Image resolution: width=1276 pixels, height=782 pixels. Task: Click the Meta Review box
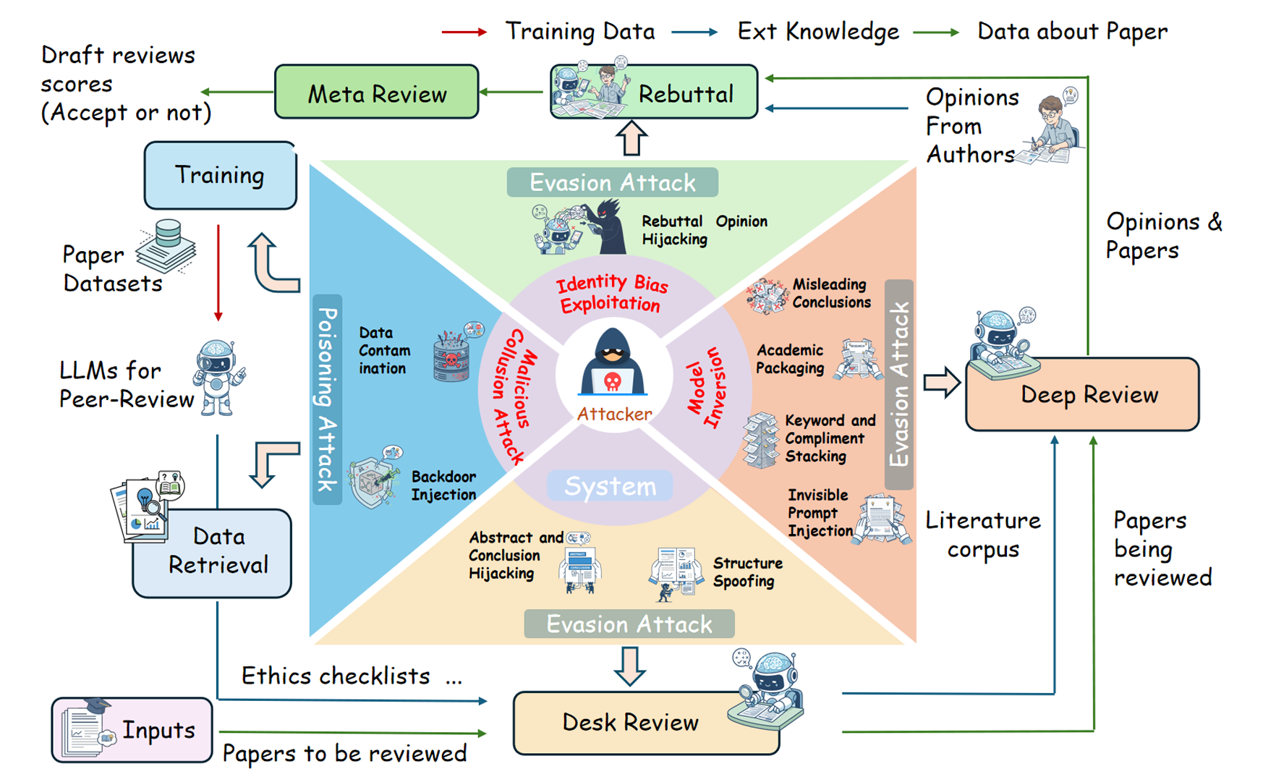pos(376,93)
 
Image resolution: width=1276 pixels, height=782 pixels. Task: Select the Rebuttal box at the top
pos(654,92)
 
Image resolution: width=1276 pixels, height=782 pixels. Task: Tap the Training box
pos(220,176)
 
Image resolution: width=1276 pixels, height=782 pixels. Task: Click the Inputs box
pos(132,730)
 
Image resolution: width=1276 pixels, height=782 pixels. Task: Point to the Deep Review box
pos(1083,394)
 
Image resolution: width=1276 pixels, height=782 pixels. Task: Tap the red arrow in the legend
pos(464,32)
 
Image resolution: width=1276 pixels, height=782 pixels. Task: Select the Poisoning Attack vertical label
pos(328,399)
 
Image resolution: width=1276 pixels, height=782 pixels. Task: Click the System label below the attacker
pos(610,486)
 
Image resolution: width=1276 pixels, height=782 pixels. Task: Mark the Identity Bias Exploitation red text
pos(611,293)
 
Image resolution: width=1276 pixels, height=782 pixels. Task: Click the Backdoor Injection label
pos(443,485)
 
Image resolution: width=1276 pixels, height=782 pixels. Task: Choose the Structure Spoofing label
pos(747,572)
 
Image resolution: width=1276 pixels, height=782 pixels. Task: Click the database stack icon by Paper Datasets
pos(167,246)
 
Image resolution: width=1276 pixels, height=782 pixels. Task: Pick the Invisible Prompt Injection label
pos(819,513)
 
